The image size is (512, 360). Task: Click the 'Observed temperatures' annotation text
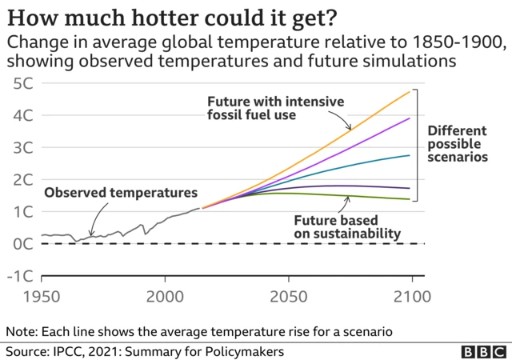[x=119, y=193]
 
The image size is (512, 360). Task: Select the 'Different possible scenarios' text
[x=458, y=144]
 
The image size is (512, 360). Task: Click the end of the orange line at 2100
[x=410, y=91]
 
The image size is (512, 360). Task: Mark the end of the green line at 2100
[x=410, y=199]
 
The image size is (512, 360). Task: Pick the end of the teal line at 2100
[x=410, y=155]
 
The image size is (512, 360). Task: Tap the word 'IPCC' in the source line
[x=70, y=351]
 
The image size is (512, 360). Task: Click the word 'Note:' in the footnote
[x=21, y=330]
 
